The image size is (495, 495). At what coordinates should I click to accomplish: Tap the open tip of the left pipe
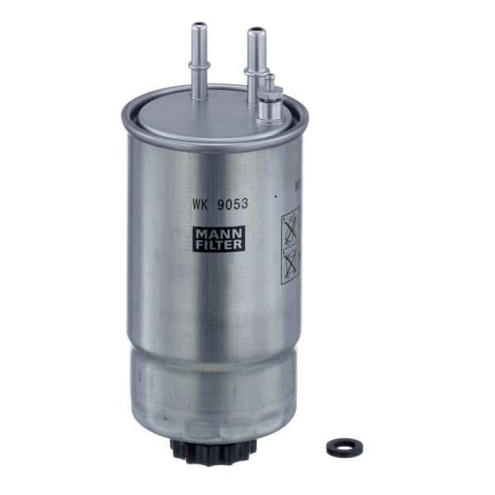click(198, 27)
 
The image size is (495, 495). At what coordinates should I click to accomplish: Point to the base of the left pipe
click(198, 93)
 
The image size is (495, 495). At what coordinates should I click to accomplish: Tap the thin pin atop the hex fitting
click(269, 81)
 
